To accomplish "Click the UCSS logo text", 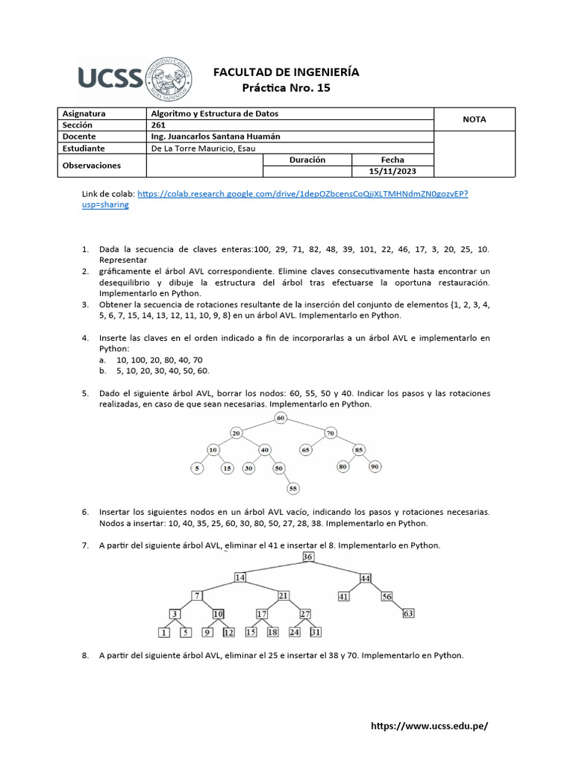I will pyautogui.click(x=110, y=77).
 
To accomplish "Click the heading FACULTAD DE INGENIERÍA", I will pyautogui.click(x=286, y=72).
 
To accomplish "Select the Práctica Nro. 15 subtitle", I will pyautogui.click(x=286, y=88).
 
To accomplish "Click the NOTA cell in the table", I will pyautogui.click(x=474, y=119).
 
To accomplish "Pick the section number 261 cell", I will pyautogui.click(x=158, y=125).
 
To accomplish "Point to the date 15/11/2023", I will pyautogui.click(x=392, y=171).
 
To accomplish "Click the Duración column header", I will pyautogui.click(x=307, y=160).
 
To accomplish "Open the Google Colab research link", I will pyautogui.click(x=302, y=194).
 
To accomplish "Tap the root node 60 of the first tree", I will pyautogui.click(x=281, y=418).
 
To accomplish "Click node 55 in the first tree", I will pyautogui.click(x=293, y=488).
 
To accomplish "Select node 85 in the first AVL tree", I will pyautogui.click(x=359, y=450).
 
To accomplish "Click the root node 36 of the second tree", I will pyautogui.click(x=308, y=557).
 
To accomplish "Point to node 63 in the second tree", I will pyautogui.click(x=408, y=613).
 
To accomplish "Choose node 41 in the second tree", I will pyautogui.click(x=344, y=596).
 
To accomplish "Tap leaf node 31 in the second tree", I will pyautogui.click(x=316, y=632).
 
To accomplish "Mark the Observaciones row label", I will pyautogui.click(x=92, y=165).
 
